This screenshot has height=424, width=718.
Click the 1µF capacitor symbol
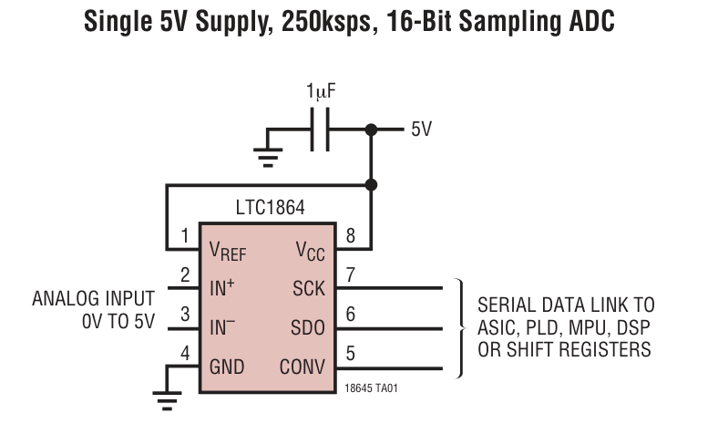coord(320,129)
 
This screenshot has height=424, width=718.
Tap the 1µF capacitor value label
coord(321,91)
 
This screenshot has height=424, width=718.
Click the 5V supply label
coord(421,129)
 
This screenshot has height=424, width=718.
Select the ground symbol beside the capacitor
coord(268,157)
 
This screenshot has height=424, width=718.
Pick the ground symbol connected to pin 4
coord(167,400)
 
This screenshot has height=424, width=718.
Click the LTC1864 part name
coord(271,208)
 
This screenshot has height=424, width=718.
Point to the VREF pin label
coord(228,251)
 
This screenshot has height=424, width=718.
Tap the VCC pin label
coord(310,251)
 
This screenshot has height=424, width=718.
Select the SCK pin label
coord(309,289)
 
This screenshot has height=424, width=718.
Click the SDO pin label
coord(308,327)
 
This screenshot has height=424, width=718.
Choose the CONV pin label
coord(303,367)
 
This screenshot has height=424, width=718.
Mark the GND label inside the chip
coord(227,367)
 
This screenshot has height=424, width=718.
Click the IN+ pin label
coord(222,288)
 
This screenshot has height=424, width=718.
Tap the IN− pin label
coord(222,327)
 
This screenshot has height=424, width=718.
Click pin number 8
coord(350,235)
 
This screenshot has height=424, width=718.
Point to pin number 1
coord(185,235)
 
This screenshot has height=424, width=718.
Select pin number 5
coord(350,354)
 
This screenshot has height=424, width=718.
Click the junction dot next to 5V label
coord(372,129)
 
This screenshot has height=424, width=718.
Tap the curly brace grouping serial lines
coord(460,328)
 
